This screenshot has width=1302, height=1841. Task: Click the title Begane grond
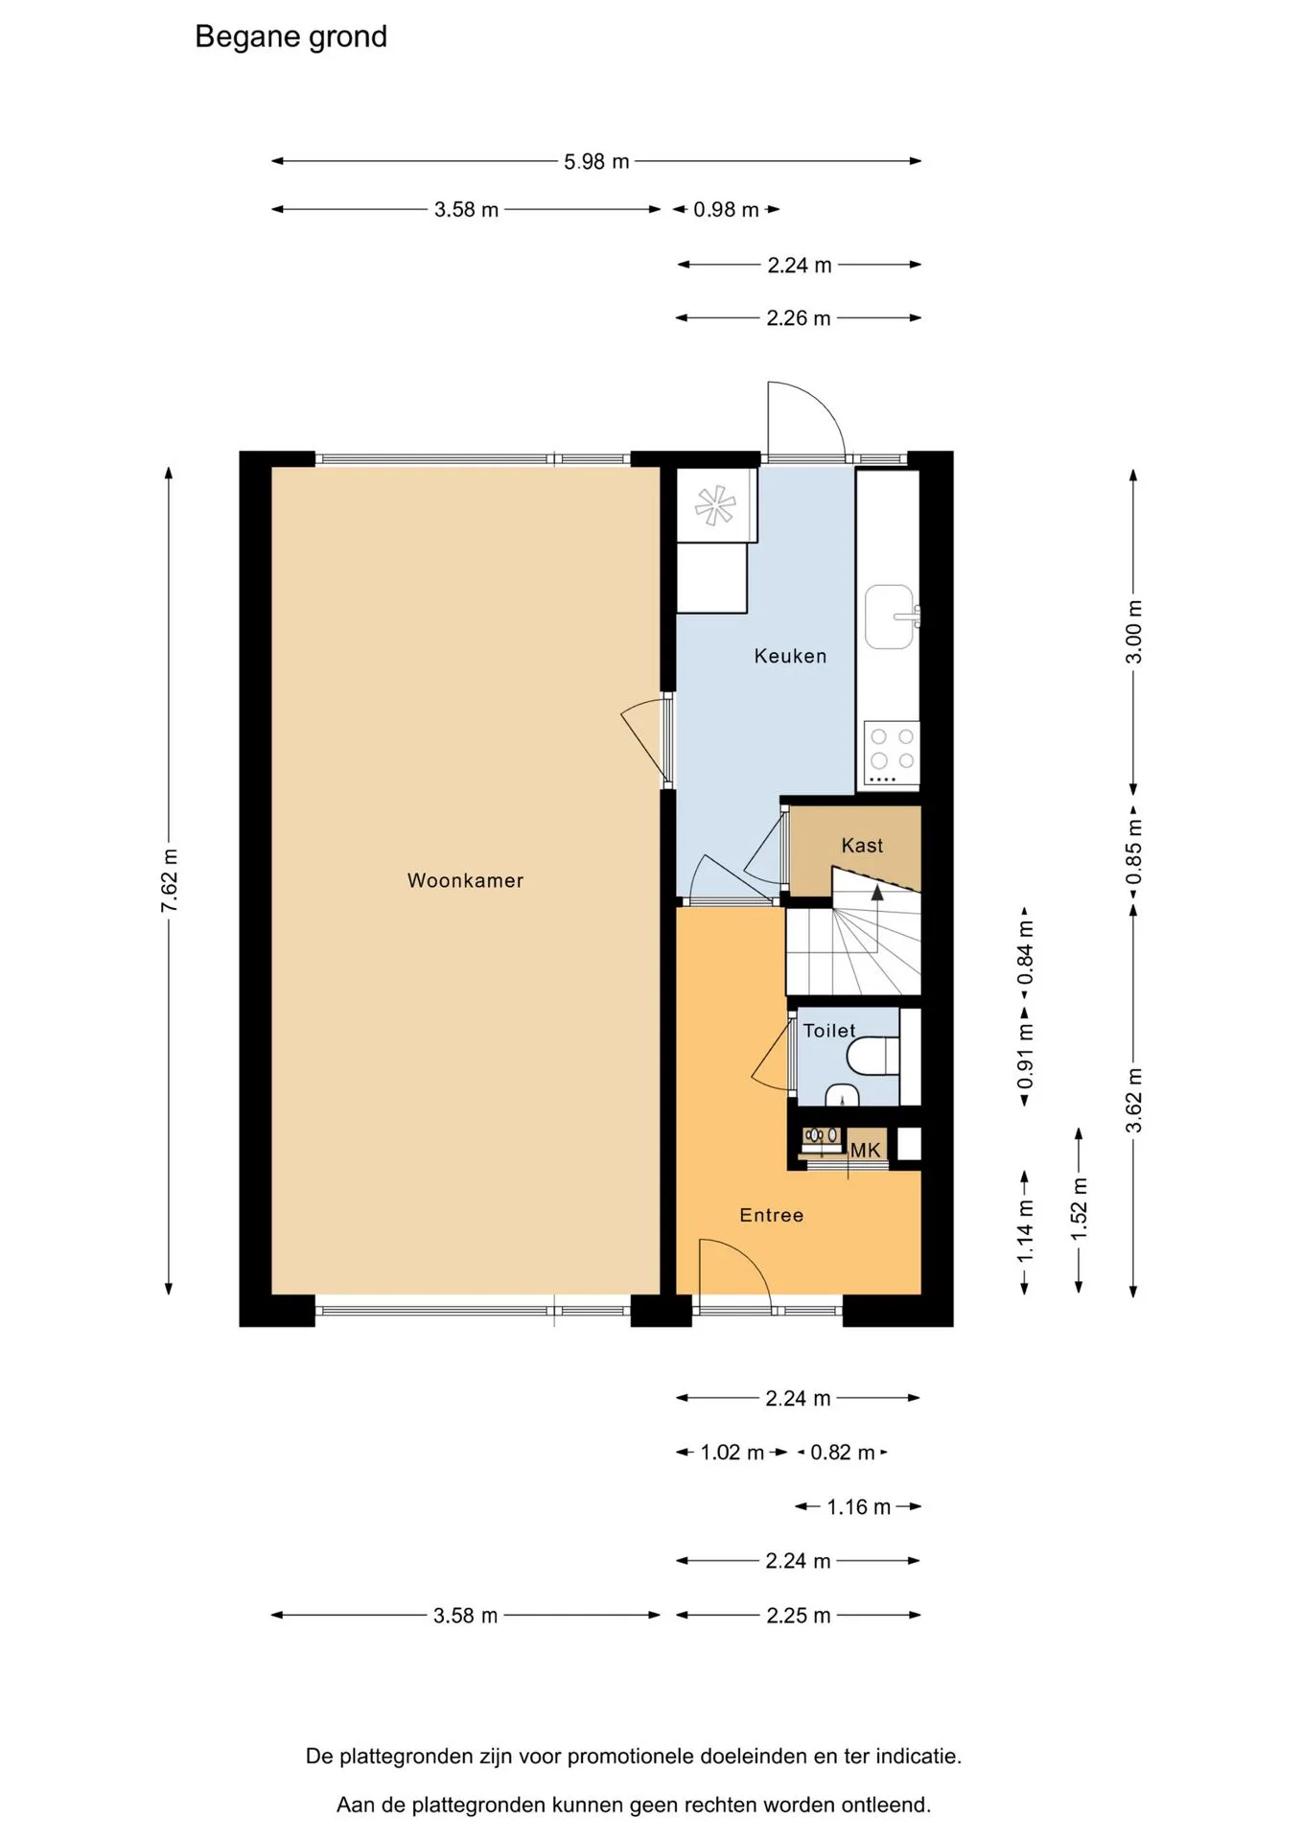(x=291, y=36)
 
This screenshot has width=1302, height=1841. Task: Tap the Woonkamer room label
(x=465, y=880)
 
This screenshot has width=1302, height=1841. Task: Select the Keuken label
(x=790, y=656)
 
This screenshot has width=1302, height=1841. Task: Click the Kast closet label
(x=862, y=846)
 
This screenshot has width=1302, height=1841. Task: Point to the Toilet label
(x=829, y=1031)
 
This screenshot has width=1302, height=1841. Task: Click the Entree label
(x=772, y=1215)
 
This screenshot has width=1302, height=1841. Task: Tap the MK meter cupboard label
(x=865, y=1151)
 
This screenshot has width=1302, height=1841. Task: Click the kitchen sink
(x=891, y=617)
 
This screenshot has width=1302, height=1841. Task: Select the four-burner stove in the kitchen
(x=892, y=754)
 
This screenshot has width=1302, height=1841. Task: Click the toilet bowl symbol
(x=872, y=1056)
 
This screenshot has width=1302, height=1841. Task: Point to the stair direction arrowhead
(x=876, y=892)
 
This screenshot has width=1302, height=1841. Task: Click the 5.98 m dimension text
(x=596, y=162)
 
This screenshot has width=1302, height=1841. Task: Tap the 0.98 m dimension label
(x=726, y=210)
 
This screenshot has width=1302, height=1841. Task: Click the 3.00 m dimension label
(x=1134, y=632)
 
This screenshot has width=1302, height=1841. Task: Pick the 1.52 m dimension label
(x=1080, y=1209)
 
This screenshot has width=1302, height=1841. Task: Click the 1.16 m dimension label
(x=859, y=1507)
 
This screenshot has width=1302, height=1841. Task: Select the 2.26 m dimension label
(x=799, y=318)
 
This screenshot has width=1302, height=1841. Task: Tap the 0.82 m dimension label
(x=843, y=1453)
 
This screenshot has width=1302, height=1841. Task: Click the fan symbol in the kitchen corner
(x=715, y=505)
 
